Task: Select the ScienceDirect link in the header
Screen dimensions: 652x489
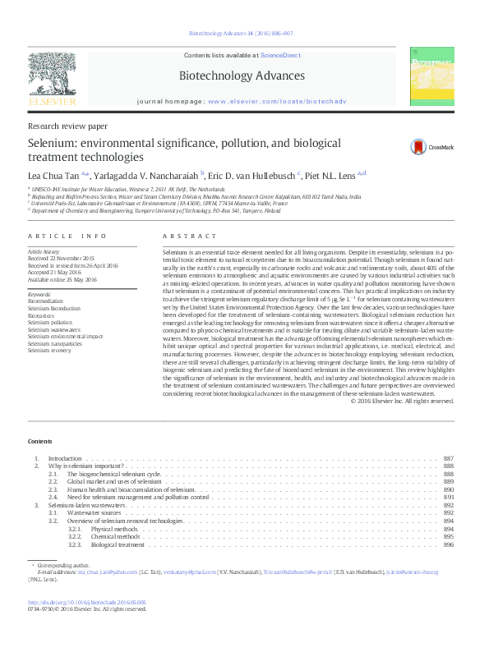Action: (279, 54)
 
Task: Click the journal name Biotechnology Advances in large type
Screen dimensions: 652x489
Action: (242, 76)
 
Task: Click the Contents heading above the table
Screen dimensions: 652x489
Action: (39, 441)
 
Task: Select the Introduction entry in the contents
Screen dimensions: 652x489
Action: (65, 457)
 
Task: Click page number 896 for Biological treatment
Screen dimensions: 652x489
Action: (448, 544)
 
